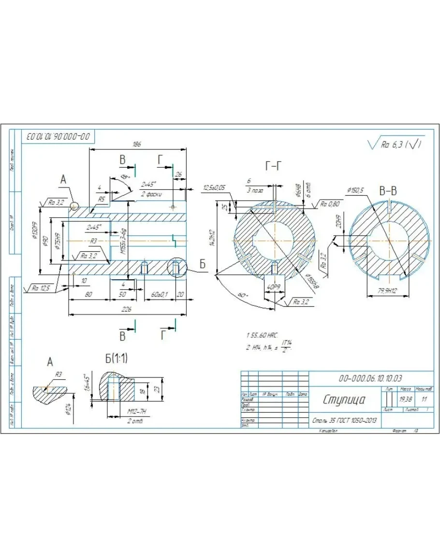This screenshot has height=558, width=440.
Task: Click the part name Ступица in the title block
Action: click(344, 400)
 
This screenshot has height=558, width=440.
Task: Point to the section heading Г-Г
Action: click(273, 166)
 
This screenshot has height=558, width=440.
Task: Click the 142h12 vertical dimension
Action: click(212, 237)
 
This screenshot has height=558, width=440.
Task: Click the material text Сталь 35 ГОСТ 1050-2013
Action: click(344, 420)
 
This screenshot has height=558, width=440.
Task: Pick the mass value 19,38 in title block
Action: click(405, 400)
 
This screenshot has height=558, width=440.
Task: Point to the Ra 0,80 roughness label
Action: click(330, 204)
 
